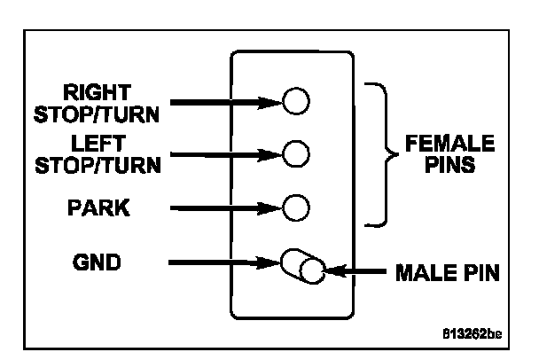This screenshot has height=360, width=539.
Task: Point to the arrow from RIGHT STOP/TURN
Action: pos(226,103)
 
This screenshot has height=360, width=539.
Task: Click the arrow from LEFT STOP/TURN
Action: pos(226,155)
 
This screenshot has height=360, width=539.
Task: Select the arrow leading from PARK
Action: pos(226,209)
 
